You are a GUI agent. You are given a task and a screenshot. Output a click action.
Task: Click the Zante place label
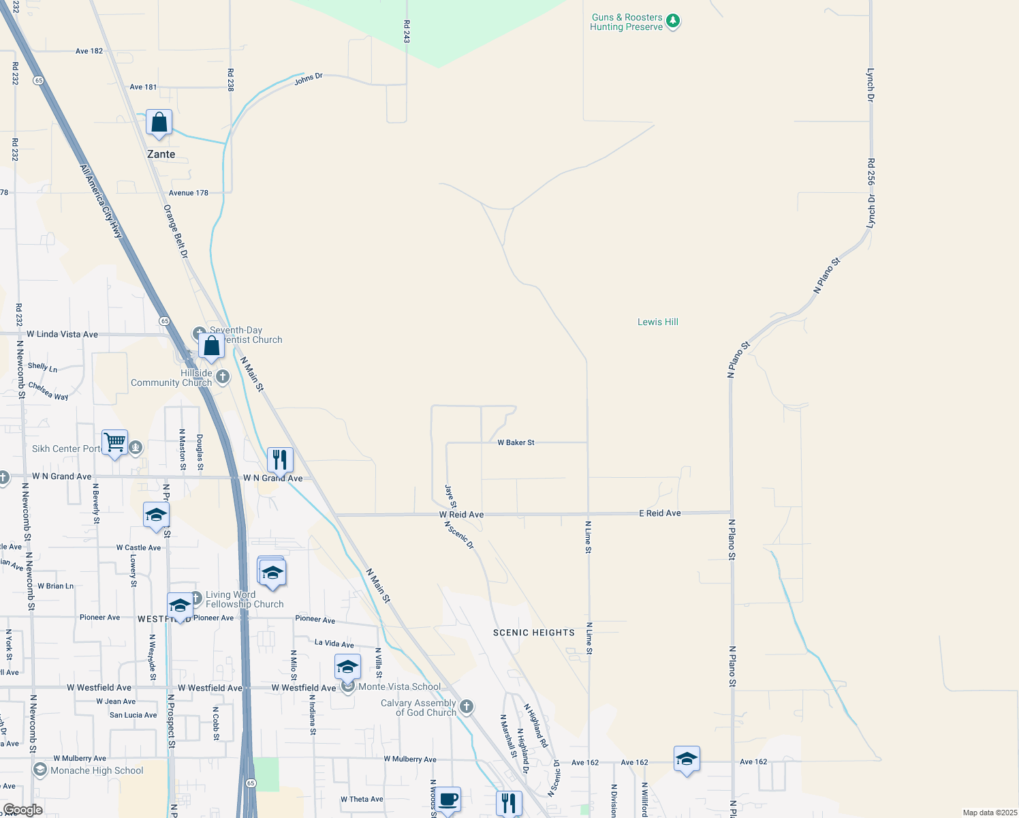point(161,154)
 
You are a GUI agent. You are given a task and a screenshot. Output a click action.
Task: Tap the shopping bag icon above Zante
point(159,123)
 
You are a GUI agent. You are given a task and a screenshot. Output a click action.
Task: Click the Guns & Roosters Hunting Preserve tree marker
point(673,21)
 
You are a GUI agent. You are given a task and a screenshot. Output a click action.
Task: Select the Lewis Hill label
point(657,322)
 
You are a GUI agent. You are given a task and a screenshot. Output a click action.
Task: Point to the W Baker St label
point(516,442)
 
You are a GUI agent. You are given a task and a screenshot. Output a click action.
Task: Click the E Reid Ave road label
point(659,513)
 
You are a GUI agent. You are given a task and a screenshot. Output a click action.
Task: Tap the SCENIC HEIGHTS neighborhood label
point(534,633)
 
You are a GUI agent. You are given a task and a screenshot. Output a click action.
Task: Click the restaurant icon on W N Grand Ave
point(279,461)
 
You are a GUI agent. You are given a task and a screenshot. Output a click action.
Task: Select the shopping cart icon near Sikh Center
point(114,443)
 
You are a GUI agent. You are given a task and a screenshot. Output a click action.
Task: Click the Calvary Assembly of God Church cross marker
point(467,706)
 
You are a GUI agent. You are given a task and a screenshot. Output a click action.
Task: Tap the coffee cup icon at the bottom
point(448,799)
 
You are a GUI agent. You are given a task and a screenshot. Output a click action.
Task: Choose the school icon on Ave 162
point(687,759)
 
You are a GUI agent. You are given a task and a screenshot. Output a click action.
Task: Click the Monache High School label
point(97,770)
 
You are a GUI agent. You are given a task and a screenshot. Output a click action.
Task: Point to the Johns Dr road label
point(309,80)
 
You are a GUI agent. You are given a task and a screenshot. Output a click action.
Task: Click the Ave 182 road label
point(89,51)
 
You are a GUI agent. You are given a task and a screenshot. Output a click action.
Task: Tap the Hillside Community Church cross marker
point(223,376)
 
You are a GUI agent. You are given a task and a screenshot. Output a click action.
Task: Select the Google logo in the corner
point(22,810)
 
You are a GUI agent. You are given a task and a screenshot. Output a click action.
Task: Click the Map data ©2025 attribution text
point(988,813)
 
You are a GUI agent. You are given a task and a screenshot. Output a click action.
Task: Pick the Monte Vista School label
point(399,686)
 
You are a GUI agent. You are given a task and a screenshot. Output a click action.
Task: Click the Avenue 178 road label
point(189,193)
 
